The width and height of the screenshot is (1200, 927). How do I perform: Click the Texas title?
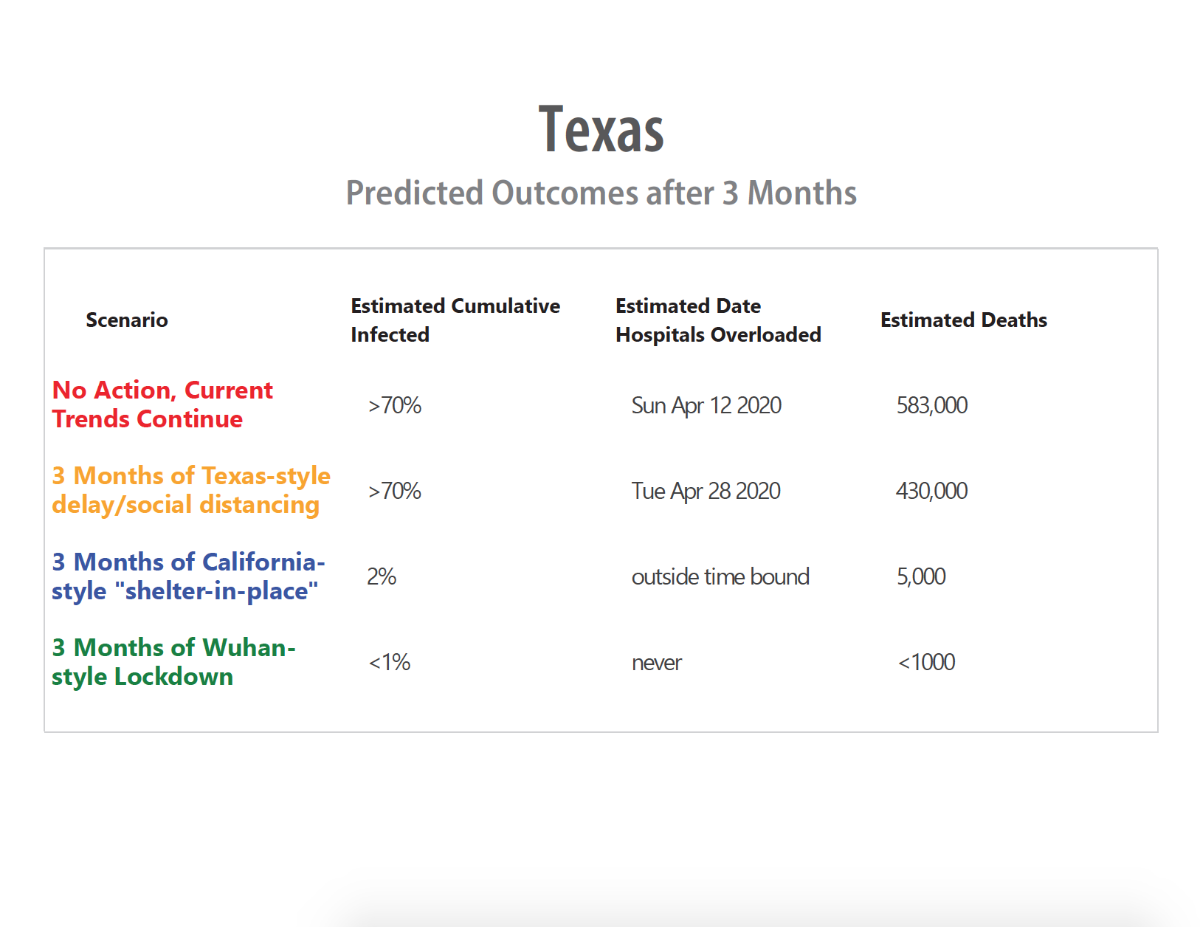601,129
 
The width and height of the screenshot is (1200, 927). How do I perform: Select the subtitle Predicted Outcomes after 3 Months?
601,193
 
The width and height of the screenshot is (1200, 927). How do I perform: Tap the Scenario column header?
127,320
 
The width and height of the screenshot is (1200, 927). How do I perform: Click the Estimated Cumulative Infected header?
455,320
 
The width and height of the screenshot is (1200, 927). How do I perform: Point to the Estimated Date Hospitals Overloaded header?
719,320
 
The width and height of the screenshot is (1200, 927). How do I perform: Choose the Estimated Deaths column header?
964,320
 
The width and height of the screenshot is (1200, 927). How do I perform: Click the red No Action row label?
162,404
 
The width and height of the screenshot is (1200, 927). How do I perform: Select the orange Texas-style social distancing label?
191,490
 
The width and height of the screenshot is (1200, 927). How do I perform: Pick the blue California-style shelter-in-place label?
188,576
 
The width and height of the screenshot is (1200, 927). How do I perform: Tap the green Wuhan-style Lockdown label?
174,662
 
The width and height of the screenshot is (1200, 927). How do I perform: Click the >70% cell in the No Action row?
394,406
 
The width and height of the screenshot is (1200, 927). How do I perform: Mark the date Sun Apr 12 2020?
706,406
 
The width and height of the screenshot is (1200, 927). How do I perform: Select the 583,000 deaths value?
931,406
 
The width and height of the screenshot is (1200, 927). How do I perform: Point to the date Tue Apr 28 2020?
706,492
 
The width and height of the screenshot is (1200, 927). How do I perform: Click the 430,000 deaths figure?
931,492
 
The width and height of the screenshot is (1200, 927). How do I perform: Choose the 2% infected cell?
382,577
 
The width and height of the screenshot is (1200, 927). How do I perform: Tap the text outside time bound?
720,577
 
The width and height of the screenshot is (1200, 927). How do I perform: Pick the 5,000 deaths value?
921,577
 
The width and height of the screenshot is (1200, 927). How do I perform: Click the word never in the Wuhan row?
657,663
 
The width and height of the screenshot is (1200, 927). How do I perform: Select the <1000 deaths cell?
926,663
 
